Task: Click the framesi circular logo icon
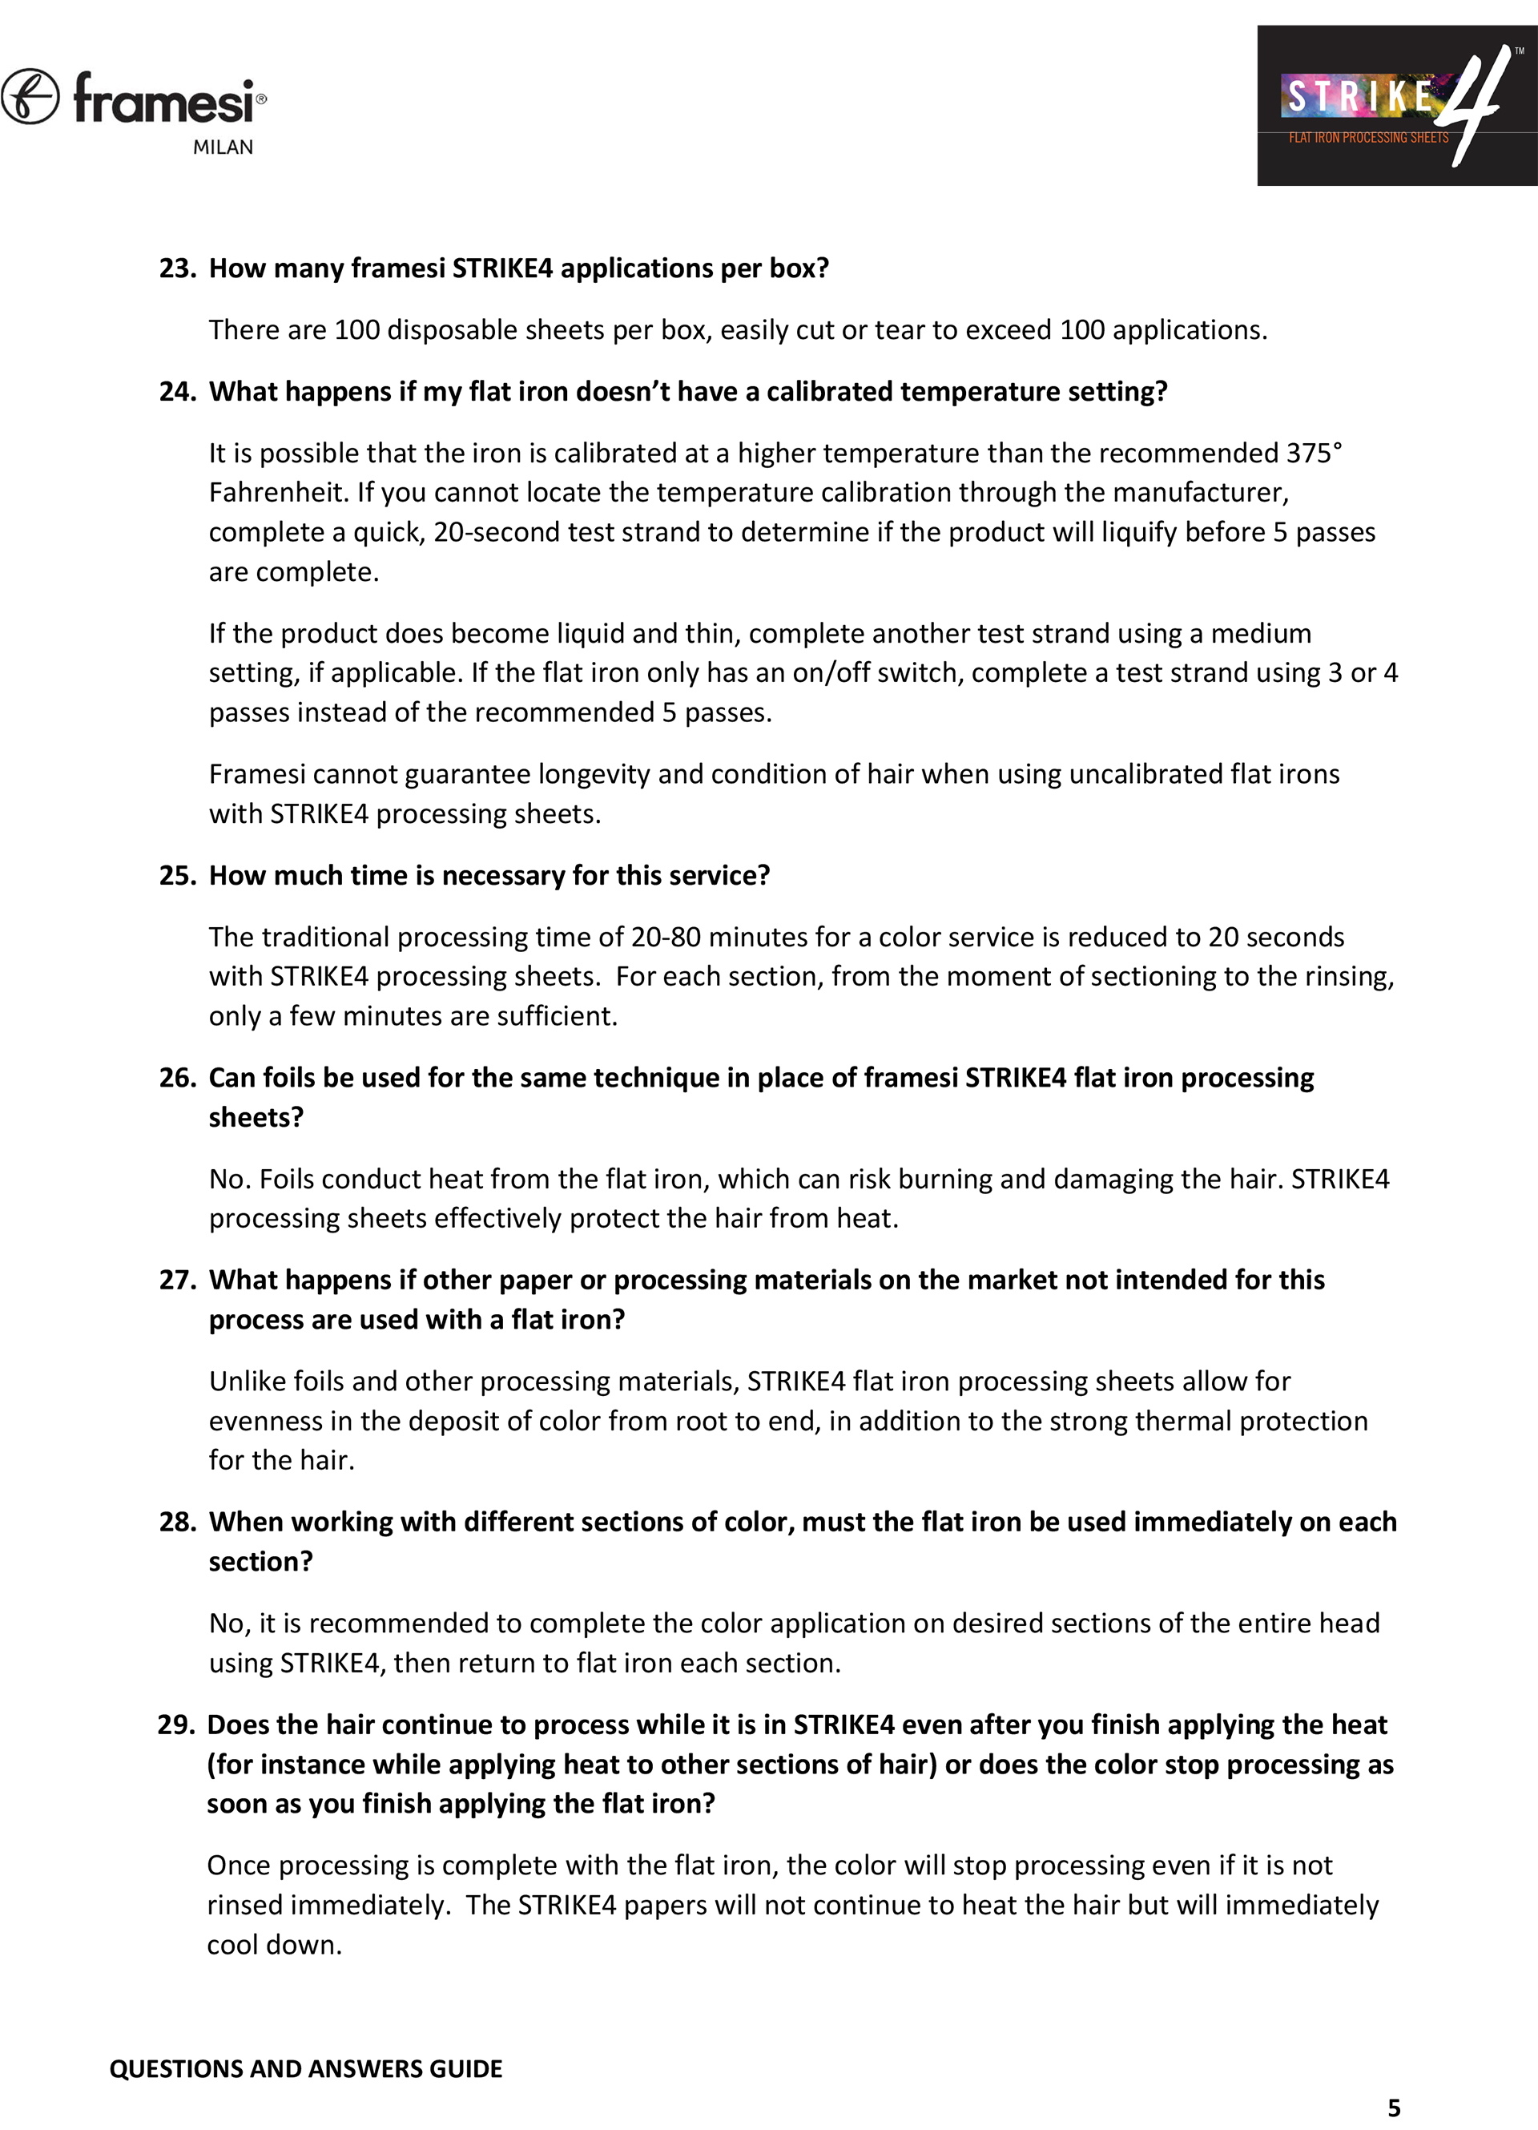[30, 97]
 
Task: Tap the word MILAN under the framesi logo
[223, 147]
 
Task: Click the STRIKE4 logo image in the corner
[1396, 105]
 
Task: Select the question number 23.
[176, 268]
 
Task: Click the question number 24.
[176, 392]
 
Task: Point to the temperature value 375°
[1314, 454]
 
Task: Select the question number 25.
[176, 875]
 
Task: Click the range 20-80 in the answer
[666, 938]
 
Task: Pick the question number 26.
[176, 1078]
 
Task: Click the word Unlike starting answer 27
[247, 1382]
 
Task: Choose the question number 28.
[176, 1522]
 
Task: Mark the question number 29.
[175, 1725]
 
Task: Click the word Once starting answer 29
[239, 1866]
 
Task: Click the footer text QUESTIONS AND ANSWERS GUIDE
[305, 2068]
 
